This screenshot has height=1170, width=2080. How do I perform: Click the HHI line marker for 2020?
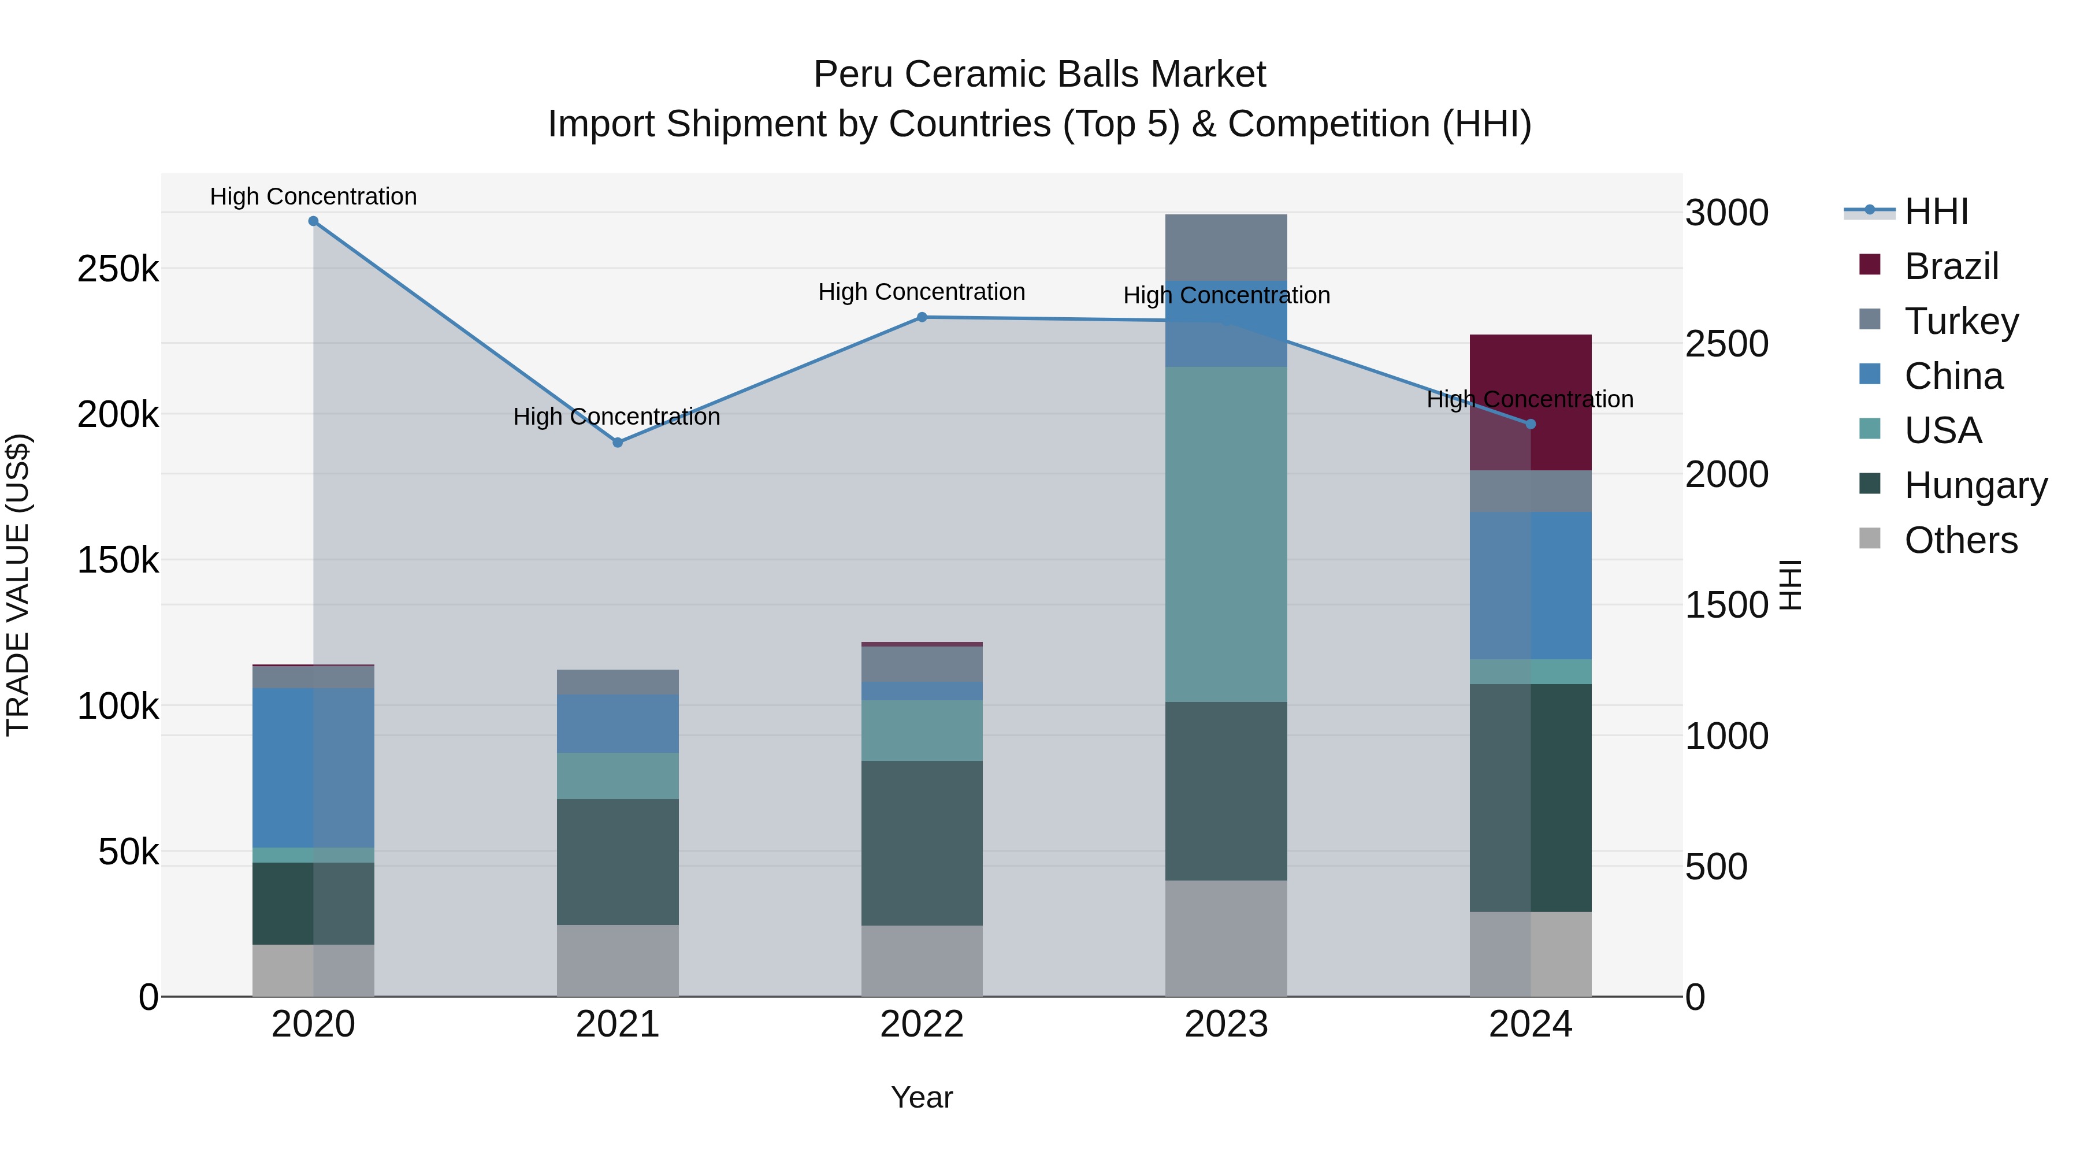pos(313,221)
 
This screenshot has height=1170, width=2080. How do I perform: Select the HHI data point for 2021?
pos(618,443)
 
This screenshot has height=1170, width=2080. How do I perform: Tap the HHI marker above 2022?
pos(922,317)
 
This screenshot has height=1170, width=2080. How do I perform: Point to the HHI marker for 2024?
pos(1530,424)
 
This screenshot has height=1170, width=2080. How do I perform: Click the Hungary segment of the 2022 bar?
pos(922,843)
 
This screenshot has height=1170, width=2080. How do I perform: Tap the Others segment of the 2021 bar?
pos(618,961)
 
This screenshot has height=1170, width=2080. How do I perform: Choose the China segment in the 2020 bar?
pos(313,767)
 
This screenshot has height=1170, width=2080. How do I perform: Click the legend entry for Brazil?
pos(1951,266)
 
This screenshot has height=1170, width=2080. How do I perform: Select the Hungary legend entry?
pos(1975,485)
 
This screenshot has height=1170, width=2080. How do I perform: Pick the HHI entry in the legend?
pos(1936,211)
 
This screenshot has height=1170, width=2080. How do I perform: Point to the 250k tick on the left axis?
pos(118,269)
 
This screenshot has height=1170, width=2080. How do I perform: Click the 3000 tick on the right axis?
pos(1727,213)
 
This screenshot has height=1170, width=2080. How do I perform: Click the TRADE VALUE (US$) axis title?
pos(18,585)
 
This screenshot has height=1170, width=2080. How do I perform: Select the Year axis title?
pos(922,1097)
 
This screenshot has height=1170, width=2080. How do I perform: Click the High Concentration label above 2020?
pos(313,196)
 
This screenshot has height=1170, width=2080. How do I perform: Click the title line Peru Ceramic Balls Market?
pos(1039,75)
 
